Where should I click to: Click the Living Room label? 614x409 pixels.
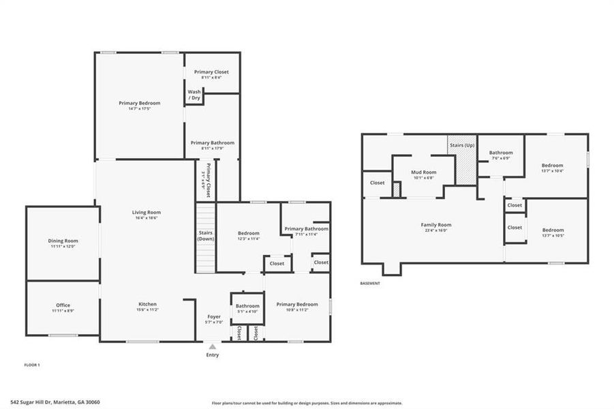point(146,212)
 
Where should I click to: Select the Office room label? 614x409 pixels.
point(63,305)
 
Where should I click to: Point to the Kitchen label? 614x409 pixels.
point(147,304)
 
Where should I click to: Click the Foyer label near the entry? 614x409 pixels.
point(214,317)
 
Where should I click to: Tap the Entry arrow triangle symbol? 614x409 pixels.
point(213,346)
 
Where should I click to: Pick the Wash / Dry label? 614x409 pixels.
point(194,95)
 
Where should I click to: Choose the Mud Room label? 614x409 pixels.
point(423,172)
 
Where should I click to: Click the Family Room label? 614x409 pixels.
point(436,225)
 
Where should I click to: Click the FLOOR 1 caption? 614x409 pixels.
point(32,365)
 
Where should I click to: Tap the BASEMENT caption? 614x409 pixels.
point(370,284)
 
